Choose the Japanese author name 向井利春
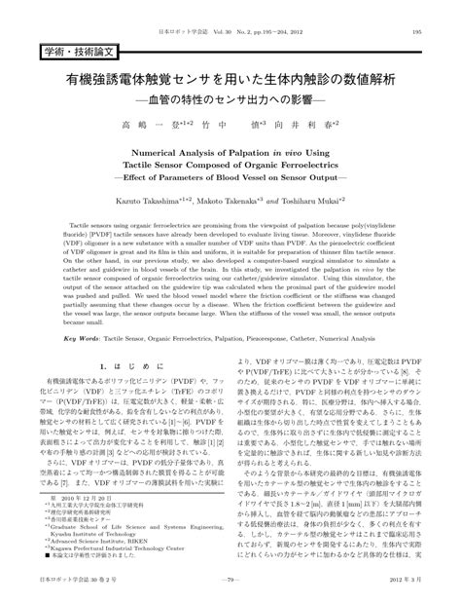(340, 127)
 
